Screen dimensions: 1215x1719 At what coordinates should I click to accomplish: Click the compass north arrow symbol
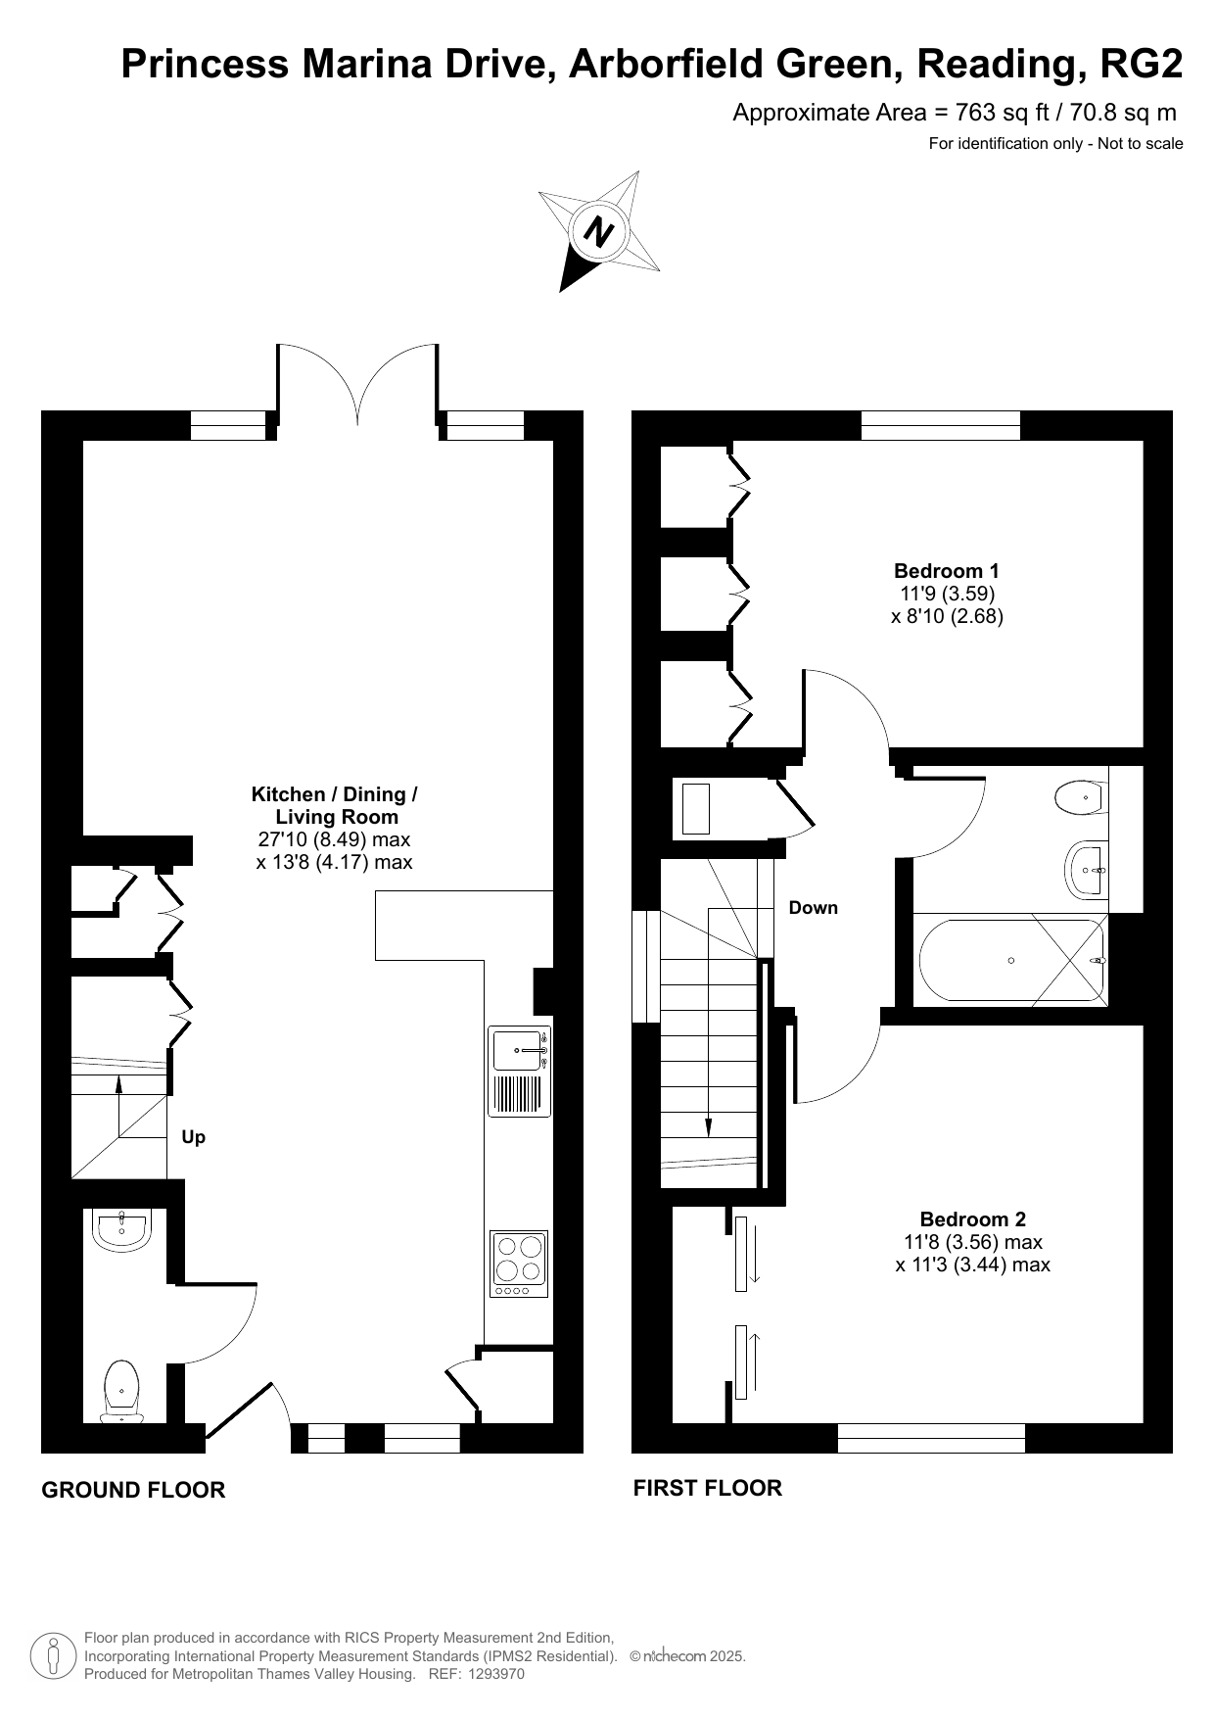click(x=598, y=231)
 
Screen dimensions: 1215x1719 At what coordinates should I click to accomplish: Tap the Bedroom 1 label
click(x=947, y=571)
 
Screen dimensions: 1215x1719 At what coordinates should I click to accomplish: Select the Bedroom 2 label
click(x=973, y=1219)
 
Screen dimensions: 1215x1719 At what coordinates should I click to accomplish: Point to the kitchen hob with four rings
click(x=519, y=1265)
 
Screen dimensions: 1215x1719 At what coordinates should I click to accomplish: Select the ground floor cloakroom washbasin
click(x=121, y=1230)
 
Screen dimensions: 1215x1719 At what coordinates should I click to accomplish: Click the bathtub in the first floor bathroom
click(x=1011, y=960)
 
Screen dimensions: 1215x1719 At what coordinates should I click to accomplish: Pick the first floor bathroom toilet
click(x=1081, y=797)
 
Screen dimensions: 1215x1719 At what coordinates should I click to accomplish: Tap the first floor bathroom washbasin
click(x=1086, y=869)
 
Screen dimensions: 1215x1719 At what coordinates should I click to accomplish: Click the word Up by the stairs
click(x=194, y=1137)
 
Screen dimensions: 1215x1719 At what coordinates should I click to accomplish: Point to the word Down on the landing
click(x=814, y=908)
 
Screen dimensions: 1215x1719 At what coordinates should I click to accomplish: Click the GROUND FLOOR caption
click(x=133, y=1490)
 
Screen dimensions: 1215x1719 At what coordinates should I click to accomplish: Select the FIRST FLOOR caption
click(x=708, y=1488)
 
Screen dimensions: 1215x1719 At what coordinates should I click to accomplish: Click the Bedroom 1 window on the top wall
click(x=941, y=425)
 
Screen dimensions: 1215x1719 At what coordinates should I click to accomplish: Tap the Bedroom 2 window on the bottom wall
click(x=931, y=1438)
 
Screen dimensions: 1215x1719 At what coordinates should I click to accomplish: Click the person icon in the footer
click(x=54, y=1655)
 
